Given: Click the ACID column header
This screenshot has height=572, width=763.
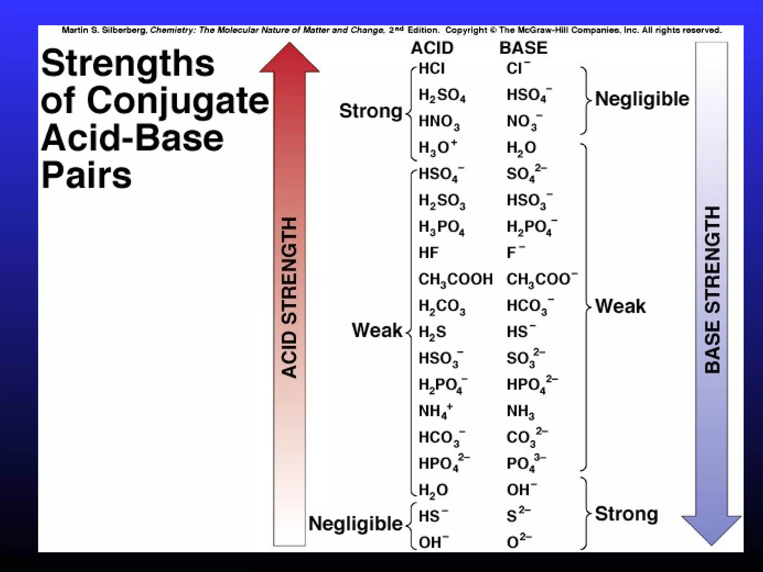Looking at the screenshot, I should tap(432, 48).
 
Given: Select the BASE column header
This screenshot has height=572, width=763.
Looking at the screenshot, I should tap(523, 48).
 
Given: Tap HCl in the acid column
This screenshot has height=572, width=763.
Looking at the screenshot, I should tap(431, 69).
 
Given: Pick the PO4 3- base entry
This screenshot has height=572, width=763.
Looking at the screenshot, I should tap(525, 463).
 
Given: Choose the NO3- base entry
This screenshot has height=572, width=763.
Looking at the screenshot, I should tap(524, 122).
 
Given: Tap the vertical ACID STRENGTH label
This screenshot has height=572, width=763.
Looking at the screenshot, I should tap(290, 298).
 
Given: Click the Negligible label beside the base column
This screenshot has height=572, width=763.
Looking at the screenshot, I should tap(642, 99).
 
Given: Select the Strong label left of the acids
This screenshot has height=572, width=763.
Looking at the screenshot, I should tap(370, 111).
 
